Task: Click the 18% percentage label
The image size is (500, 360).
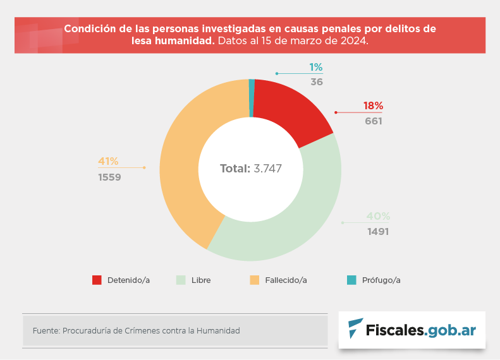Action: pos(373,106)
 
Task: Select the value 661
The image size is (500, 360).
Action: pos(373,121)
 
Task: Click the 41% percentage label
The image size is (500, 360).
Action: pos(108,161)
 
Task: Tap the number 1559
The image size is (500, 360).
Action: pos(109,177)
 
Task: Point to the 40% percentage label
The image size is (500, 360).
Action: pos(378,216)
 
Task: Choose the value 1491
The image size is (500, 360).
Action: pos(378,231)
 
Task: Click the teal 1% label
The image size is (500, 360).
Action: pos(316,67)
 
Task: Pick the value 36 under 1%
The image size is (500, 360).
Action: pos(317,81)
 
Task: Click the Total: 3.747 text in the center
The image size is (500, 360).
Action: pos(250,169)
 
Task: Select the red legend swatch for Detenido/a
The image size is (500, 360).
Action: pos(97,280)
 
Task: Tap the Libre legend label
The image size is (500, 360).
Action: pos(201,280)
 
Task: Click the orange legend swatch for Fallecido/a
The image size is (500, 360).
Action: pos(255,280)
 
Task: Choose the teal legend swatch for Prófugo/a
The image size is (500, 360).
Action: pos(351,280)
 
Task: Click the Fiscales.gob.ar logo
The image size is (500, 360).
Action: pos(412,330)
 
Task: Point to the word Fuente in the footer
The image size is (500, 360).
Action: pos(45,330)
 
